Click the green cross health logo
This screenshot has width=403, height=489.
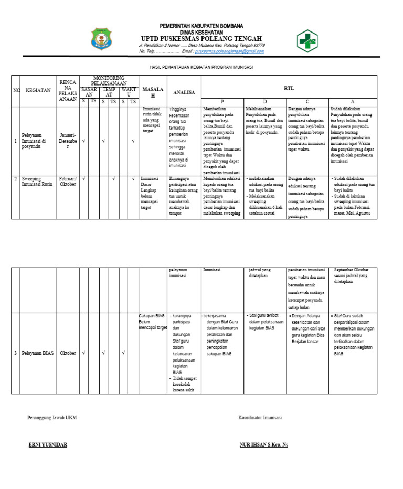click(308, 40)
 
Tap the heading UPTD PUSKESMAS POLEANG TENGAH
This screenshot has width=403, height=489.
click(201, 38)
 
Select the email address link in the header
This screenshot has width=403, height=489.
click(229, 51)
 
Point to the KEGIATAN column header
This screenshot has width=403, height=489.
click(38, 90)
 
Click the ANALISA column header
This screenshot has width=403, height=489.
click(184, 92)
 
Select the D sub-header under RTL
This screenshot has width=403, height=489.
click(265, 101)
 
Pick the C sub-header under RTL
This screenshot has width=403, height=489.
click(307, 101)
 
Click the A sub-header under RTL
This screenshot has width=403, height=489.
click(353, 101)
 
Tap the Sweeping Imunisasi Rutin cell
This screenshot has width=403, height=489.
click(38, 182)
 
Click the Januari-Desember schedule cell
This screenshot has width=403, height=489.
click(68, 141)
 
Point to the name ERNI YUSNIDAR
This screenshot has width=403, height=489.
click(47, 445)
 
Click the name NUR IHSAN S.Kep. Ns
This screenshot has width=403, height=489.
click(263, 445)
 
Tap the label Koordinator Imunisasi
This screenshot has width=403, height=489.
click(260, 418)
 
